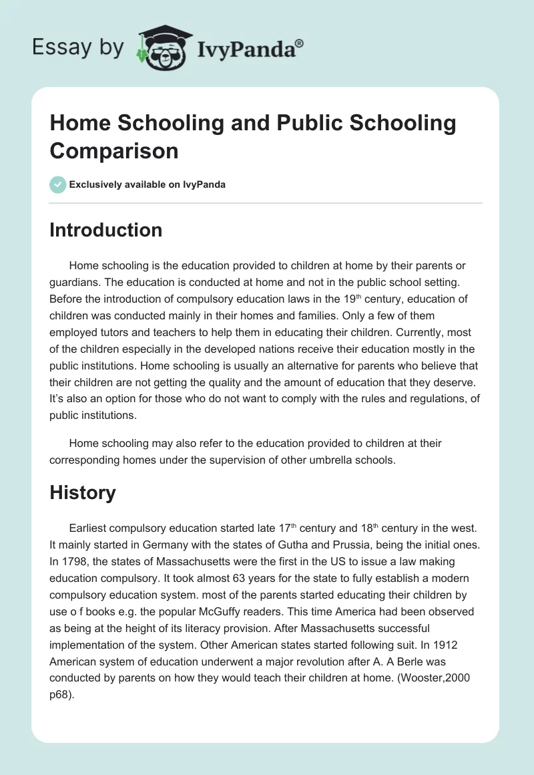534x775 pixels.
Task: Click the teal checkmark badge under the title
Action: (58, 184)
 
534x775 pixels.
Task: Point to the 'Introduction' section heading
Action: (106, 230)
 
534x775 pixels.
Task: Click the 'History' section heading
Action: (83, 492)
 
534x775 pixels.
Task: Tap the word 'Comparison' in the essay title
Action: (114, 150)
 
